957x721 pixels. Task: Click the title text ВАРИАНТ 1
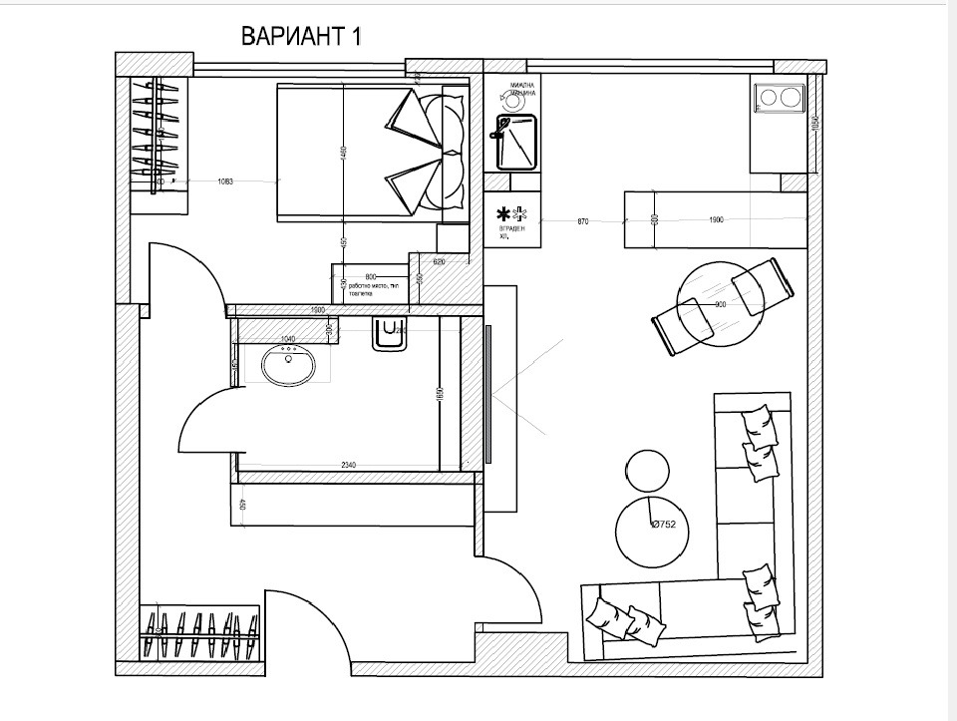300,37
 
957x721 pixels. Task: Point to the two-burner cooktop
780,98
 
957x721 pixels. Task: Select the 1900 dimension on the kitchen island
715,220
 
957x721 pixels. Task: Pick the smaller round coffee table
648,469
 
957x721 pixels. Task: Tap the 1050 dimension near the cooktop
814,124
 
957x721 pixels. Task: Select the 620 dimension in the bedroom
439,260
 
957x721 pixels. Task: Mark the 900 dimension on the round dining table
719,304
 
